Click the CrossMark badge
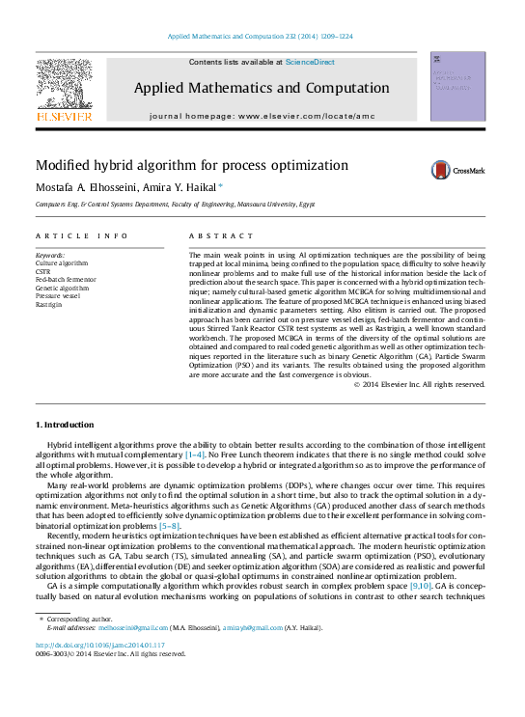[x=458, y=170]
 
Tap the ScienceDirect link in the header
[x=310, y=62]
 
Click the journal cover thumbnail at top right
[x=457, y=87]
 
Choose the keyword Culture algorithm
[x=61, y=262]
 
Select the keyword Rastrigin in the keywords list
[x=50, y=303]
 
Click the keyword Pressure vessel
[x=59, y=295]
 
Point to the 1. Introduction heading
[x=65, y=425]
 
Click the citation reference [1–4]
[x=195, y=453]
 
